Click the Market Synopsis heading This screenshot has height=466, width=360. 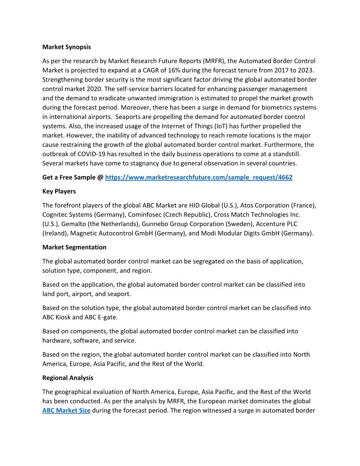tap(67, 47)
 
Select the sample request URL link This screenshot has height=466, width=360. tap(199, 177)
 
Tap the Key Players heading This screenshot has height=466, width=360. tap(59, 192)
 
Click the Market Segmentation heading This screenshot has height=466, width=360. tap(74, 247)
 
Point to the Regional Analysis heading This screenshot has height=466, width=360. tap(67, 378)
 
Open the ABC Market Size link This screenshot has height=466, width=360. tap(66, 410)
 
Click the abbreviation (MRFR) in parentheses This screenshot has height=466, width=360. tap(213, 61)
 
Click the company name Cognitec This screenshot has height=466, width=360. tap(56, 214)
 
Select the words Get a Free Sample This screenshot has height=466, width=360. tap(69, 177)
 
